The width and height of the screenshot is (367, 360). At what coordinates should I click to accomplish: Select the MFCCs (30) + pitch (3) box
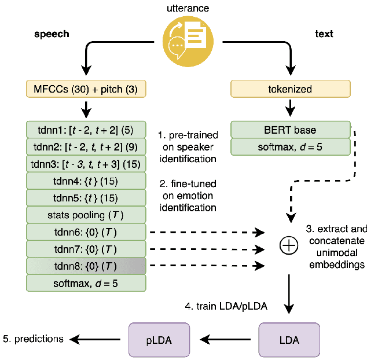click(x=86, y=89)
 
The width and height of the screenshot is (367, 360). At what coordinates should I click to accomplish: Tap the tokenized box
click(x=290, y=89)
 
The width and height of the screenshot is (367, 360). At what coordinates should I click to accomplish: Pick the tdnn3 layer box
click(x=86, y=164)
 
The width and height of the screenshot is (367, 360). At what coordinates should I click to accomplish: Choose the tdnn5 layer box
click(x=86, y=199)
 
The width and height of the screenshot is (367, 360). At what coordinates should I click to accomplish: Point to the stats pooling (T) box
click(x=86, y=216)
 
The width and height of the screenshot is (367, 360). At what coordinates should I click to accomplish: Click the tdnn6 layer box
click(x=86, y=233)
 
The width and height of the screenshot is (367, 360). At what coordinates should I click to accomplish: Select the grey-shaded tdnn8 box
click(x=86, y=267)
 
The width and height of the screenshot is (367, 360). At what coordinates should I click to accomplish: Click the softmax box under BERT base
click(x=290, y=147)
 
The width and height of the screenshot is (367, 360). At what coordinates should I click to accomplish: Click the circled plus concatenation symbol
click(x=288, y=247)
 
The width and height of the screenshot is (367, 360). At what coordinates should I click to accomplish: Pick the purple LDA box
click(x=288, y=339)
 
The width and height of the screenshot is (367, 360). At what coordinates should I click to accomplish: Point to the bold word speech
click(x=52, y=34)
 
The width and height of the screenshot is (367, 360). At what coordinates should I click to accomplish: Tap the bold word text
click(x=324, y=34)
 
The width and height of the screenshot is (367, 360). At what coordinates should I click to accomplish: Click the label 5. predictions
click(x=35, y=339)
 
